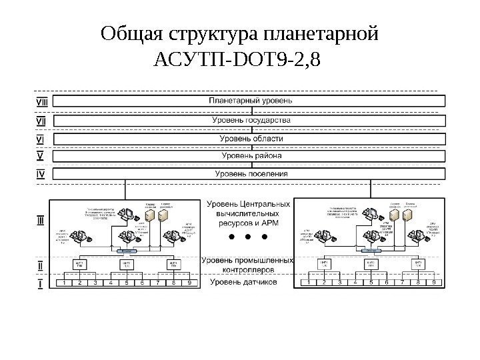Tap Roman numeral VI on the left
coord(39,139)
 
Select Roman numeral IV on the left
coord(39,175)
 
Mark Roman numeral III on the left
coord(40,219)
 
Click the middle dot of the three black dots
coord(248,237)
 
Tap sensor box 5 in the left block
coord(127,283)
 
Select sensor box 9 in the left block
coord(189,283)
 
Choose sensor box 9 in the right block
coord(435,283)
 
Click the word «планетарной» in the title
coord(321,33)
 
